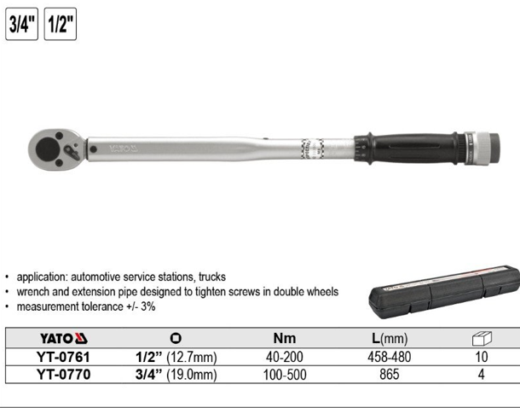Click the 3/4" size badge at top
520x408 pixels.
21,24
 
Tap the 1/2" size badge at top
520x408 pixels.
59,24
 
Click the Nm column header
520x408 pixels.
285,338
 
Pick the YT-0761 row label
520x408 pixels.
62,357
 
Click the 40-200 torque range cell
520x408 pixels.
285,357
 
